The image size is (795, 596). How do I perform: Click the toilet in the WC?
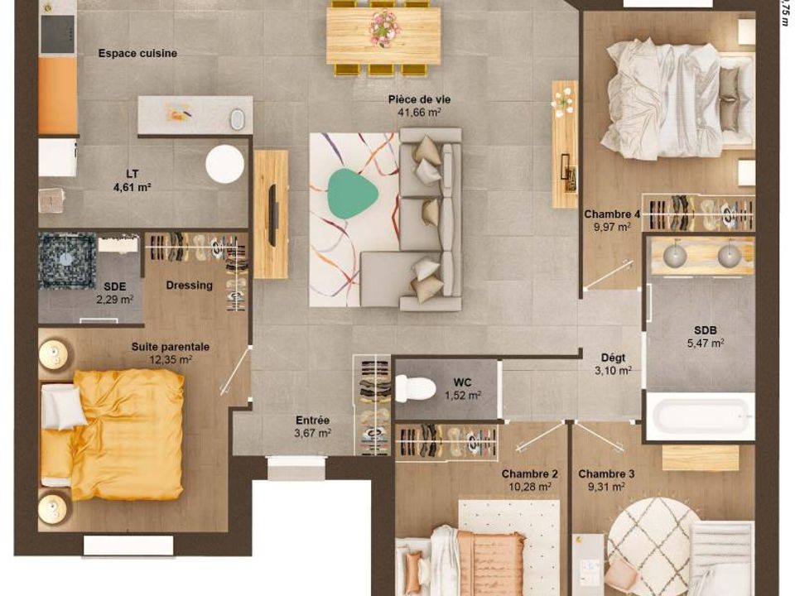click(415, 389)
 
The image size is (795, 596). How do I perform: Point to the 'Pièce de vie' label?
click(419, 99)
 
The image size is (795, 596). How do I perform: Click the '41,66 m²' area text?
click(419, 113)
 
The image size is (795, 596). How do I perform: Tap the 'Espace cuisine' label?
click(138, 53)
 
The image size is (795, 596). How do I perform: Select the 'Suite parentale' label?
click(171, 347)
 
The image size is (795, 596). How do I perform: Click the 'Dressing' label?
click(189, 286)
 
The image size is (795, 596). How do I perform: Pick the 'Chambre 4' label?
click(612, 214)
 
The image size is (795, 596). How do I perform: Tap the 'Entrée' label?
click(312, 421)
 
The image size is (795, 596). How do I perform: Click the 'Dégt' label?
click(613, 358)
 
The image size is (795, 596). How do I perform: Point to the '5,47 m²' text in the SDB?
click(706, 344)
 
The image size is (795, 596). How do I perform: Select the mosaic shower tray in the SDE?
click(67, 261)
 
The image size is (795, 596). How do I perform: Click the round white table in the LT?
click(224, 164)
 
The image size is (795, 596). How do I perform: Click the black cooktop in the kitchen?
click(57, 34)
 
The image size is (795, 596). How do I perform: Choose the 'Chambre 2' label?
click(530, 474)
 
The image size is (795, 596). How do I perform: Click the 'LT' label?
click(132, 175)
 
